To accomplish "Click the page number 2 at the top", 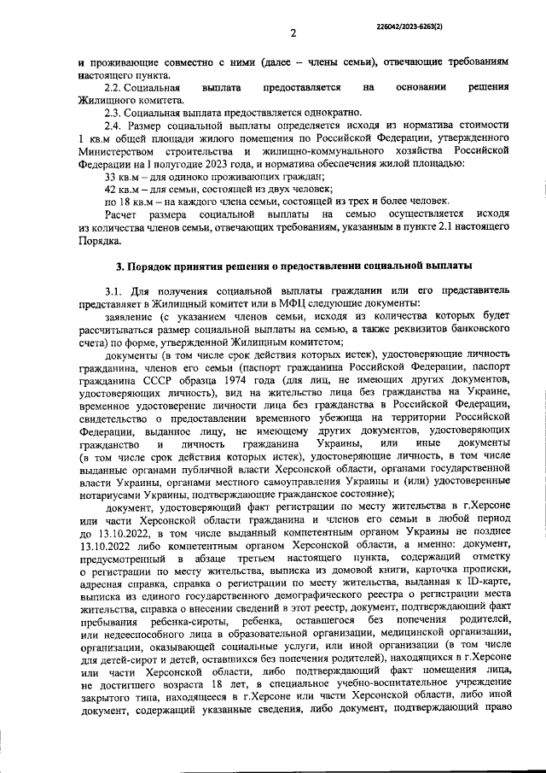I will coord(292,33).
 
